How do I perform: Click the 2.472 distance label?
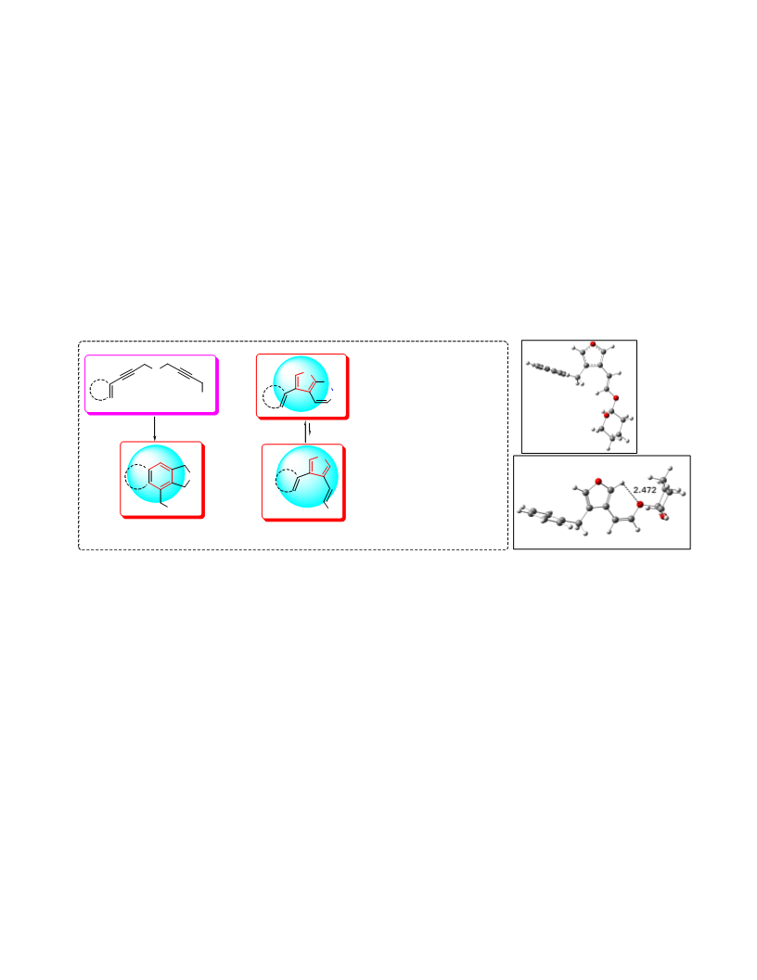point(645,490)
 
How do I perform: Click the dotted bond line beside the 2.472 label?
point(631,493)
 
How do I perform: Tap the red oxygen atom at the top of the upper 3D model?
point(593,344)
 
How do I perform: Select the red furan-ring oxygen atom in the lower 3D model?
point(597,482)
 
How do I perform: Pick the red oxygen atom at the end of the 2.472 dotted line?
point(639,504)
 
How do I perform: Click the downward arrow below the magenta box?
point(155,428)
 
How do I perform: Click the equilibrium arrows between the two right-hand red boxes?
point(307,432)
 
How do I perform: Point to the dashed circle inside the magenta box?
point(100,390)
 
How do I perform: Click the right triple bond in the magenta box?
point(185,374)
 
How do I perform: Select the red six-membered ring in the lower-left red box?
point(160,476)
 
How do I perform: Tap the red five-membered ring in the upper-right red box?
point(306,381)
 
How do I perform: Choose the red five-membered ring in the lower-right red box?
point(319,468)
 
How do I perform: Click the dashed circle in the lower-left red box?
point(136,477)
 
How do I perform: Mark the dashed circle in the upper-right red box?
point(274,396)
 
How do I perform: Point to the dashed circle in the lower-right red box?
point(287,481)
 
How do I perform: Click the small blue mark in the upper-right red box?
point(332,390)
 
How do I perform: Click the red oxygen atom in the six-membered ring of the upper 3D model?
point(606,415)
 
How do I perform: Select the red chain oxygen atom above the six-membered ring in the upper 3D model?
point(615,398)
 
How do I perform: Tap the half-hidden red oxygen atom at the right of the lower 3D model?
point(663,516)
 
